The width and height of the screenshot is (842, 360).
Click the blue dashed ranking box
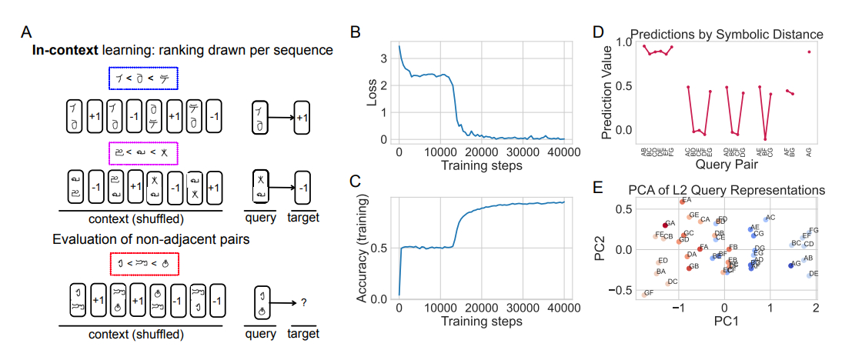pyautogui.click(x=143, y=78)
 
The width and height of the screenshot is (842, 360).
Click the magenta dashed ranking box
pyautogui.click(x=143, y=154)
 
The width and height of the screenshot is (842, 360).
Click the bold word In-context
pyautogui.click(x=63, y=51)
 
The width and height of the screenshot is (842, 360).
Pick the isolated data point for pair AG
pyautogui.click(x=809, y=52)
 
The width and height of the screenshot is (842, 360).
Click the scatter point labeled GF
pyautogui.click(x=645, y=294)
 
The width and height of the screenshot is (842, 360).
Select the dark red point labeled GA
pyautogui.click(x=667, y=225)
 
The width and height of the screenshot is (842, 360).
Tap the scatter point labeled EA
pyautogui.click(x=682, y=202)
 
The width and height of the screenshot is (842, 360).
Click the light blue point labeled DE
pyautogui.click(x=809, y=275)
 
